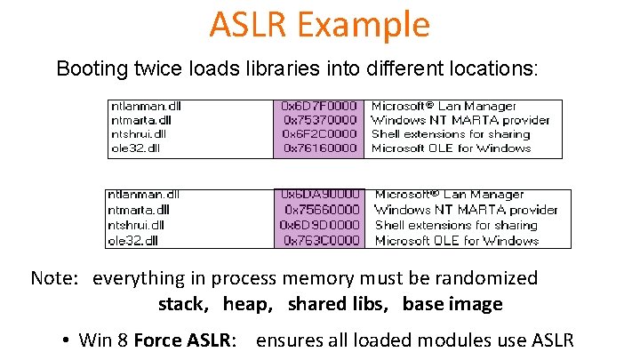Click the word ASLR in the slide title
point(247,25)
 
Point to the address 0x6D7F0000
point(319,106)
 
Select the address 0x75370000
point(320,120)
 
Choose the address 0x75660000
point(321,210)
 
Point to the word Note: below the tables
point(55,278)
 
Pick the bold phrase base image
point(452,304)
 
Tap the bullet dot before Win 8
point(67,340)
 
